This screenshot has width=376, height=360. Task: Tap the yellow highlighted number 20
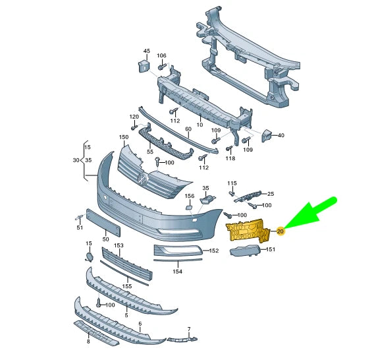click(280, 231)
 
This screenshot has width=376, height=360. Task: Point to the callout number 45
click(146, 51)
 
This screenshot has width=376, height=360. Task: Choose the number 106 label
click(161, 55)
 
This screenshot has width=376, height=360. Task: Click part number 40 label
click(281, 135)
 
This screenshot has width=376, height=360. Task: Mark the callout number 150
click(123, 138)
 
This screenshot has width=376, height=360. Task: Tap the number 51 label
click(80, 228)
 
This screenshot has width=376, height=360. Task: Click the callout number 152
click(213, 251)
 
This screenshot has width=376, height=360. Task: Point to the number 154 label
click(177, 272)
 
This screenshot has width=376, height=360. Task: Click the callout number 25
click(270, 194)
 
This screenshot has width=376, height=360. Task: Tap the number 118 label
click(230, 158)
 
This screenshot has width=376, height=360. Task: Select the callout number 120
click(134, 117)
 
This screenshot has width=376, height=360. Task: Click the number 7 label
click(188, 329)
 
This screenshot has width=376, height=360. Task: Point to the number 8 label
click(88, 342)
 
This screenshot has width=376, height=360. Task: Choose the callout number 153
click(119, 245)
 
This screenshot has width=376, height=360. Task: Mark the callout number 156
click(189, 196)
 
